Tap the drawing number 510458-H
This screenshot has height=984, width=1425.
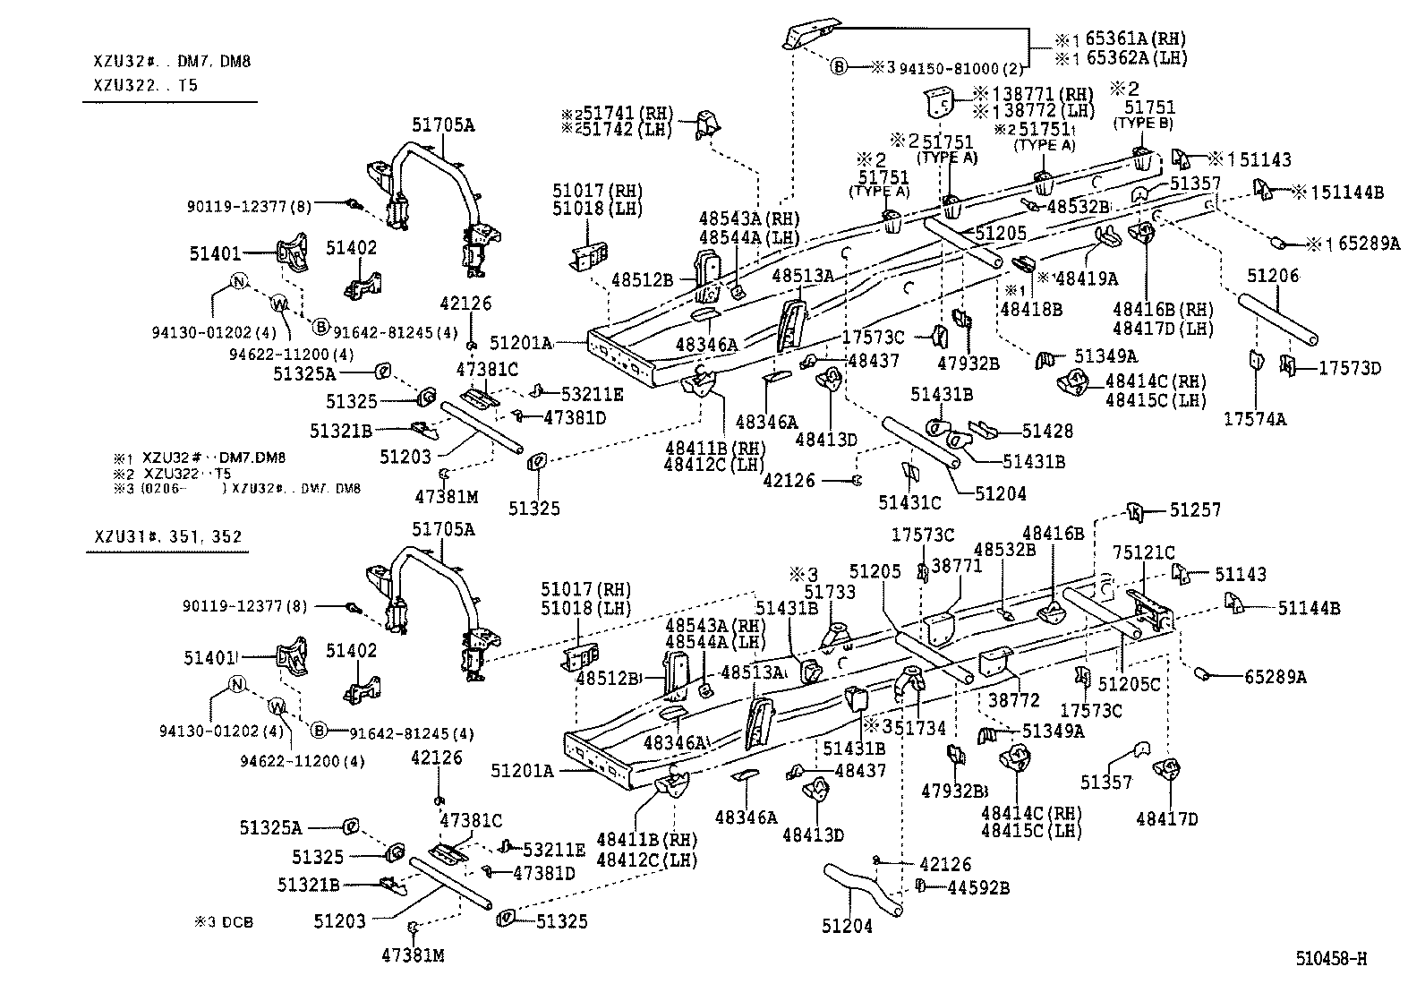(x=1330, y=959)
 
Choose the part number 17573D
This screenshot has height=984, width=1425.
(x=1350, y=368)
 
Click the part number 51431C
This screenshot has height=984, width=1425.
(x=909, y=503)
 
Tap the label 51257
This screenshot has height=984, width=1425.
(x=1195, y=510)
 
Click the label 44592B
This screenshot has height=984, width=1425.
(x=978, y=887)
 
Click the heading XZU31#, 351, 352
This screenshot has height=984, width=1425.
(x=167, y=537)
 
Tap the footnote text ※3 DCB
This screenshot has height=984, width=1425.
(x=224, y=921)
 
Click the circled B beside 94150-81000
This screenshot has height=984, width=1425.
(x=839, y=66)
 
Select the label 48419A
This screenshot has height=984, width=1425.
(x=1087, y=278)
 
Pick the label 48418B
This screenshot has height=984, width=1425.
(x=1031, y=309)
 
